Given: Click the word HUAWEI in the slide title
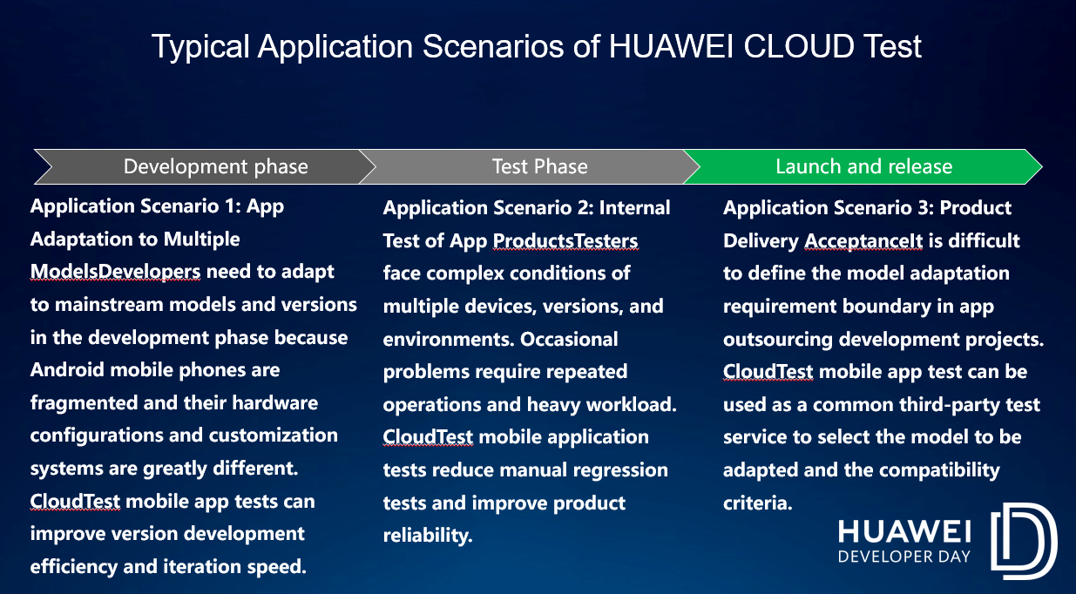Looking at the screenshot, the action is click(x=671, y=46).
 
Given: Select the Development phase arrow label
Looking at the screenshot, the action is click(x=216, y=166).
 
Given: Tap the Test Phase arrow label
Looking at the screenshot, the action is click(x=540, y=166).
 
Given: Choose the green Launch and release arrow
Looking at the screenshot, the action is click(x=863, y=166).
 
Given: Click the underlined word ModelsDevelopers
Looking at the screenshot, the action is click(x=115, y=272).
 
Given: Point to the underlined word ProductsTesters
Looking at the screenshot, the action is click(x=565, y=241).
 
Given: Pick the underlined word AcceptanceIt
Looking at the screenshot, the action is click(x=863, y=241).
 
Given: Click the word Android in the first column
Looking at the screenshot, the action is click(x=67, y=370).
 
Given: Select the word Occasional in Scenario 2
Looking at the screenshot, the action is click(x=569, y=340).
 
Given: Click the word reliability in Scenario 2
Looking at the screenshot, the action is click(x=428, y=536).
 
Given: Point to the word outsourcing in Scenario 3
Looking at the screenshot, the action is click(x=778, y=340).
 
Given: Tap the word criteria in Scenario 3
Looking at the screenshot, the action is click(x=757, y=503).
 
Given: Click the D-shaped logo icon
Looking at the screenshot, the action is click(x=1024, y=541).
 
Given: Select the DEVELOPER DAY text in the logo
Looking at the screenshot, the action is click(x=904, y=557).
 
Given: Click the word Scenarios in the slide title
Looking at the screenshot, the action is click(x=493, y=46).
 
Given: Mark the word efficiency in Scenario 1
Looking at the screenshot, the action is click(x=74, y=567).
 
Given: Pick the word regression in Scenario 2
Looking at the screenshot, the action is click(x=620, y=470).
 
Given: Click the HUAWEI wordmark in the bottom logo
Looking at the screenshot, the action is click(x=904, y=532).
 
